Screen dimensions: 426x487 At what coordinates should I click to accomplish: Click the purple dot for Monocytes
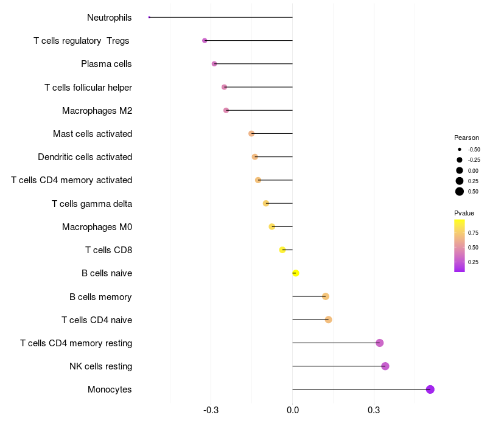430,389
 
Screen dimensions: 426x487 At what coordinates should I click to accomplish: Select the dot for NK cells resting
385,366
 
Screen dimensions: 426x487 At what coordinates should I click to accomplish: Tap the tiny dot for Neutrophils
149,17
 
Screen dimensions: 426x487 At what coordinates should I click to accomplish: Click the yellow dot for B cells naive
296,273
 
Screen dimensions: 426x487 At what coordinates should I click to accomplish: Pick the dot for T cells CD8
282,250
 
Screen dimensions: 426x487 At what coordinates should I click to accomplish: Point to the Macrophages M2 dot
226,110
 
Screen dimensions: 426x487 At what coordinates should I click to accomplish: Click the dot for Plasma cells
214,64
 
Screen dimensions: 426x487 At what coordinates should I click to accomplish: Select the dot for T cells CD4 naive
328,319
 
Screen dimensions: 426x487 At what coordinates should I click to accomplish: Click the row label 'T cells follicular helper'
88,87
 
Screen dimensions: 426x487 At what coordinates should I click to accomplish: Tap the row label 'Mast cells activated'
93,134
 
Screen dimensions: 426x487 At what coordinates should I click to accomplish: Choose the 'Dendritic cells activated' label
85,157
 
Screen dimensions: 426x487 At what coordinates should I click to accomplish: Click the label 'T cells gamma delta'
92,203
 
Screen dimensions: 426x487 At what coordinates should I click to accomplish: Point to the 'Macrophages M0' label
97,227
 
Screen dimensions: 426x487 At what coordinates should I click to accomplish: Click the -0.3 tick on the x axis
211,411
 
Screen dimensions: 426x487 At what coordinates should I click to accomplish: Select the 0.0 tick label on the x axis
292,411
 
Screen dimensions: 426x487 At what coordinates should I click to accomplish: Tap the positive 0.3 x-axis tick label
374,411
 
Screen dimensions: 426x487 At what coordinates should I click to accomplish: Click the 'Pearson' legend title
466,138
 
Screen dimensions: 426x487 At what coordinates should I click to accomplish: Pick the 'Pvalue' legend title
464,213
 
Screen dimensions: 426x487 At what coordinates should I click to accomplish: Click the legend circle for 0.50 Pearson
460,192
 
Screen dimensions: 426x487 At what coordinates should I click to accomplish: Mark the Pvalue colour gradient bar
459,245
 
